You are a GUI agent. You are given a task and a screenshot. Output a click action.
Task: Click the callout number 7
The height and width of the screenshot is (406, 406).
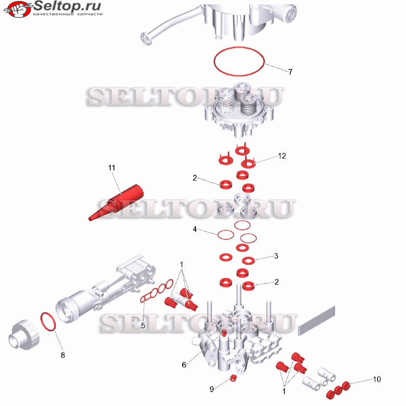pyautogui.click(x=290, y=72)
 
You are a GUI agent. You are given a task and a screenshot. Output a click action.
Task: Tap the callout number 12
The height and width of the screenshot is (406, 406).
pyautogui.click(x=282, y=156)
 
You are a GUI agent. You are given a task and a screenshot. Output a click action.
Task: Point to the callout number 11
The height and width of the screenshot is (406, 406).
pyautogui.click(x=112, y=168)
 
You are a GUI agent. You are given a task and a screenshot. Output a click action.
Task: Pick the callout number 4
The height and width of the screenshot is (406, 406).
pyautogui.click(x=195, y=229)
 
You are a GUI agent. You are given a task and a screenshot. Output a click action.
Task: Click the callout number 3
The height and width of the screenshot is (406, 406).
pyautogui.click(x=276, y=256)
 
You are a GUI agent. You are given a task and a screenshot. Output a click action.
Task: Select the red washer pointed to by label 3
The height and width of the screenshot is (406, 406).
pyautogui.click(x=249, y=261)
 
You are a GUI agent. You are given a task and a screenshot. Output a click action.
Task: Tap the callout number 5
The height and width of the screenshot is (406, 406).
pyautogui.click(x=143, y=326)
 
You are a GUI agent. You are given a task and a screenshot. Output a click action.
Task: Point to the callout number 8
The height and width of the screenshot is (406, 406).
pyautogui.click(x=63, y=355)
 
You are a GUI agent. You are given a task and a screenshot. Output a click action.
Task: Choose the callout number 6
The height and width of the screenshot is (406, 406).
pyautogui.click(x=184, y=365)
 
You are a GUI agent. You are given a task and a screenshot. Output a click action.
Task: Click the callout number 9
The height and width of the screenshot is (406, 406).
pyautogui.click(x=211, y=389)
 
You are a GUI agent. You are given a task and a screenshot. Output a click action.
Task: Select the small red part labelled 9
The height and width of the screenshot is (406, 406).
pyautogui.click(x=234, y=378)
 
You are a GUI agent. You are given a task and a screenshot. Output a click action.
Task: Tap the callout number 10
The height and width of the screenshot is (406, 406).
pyautogui.click(x=377, y=380)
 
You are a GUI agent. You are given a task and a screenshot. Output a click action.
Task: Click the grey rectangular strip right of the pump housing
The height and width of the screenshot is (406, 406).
pyautogui.click(x=316, y=321)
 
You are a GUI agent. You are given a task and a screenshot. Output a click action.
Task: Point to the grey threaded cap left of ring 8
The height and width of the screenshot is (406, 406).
pyautogui.click(x=24, y=335)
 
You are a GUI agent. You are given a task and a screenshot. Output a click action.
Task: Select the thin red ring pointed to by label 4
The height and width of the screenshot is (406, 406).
pyautogui.click(x=218, y=235)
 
